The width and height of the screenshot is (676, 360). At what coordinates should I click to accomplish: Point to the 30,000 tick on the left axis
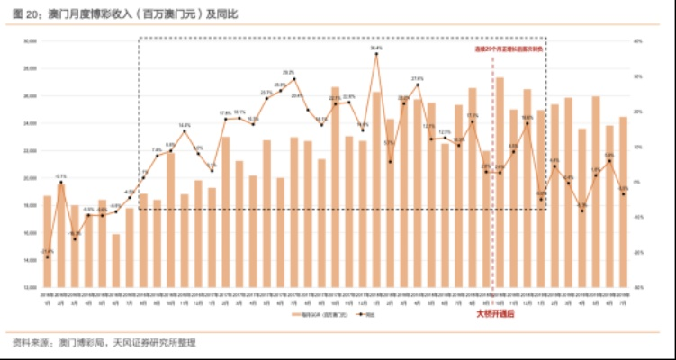(x=30, y=40)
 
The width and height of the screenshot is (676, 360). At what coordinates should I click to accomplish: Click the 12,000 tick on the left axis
(x=30, y=286)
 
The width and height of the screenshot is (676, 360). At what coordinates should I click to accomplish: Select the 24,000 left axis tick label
(x=30, y=122)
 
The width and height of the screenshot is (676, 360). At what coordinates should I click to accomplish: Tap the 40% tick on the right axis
(x=637, y=40)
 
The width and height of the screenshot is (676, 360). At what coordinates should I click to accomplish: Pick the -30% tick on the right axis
(x=637, y=286)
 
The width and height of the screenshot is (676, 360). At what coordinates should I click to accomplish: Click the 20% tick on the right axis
(x=637, y=111)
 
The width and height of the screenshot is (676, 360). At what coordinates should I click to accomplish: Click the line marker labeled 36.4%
(x=375, y=54)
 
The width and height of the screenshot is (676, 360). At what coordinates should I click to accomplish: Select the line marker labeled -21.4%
(x=48, y=257)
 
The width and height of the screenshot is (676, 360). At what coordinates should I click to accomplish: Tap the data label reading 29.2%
(x=288, y=72)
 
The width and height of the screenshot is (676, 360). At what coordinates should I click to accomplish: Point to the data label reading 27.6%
(x=418, y=79)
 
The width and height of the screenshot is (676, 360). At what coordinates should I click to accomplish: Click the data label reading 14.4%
(x=185, y=125)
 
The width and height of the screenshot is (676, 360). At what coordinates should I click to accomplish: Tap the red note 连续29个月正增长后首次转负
(x=512, y=46)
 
